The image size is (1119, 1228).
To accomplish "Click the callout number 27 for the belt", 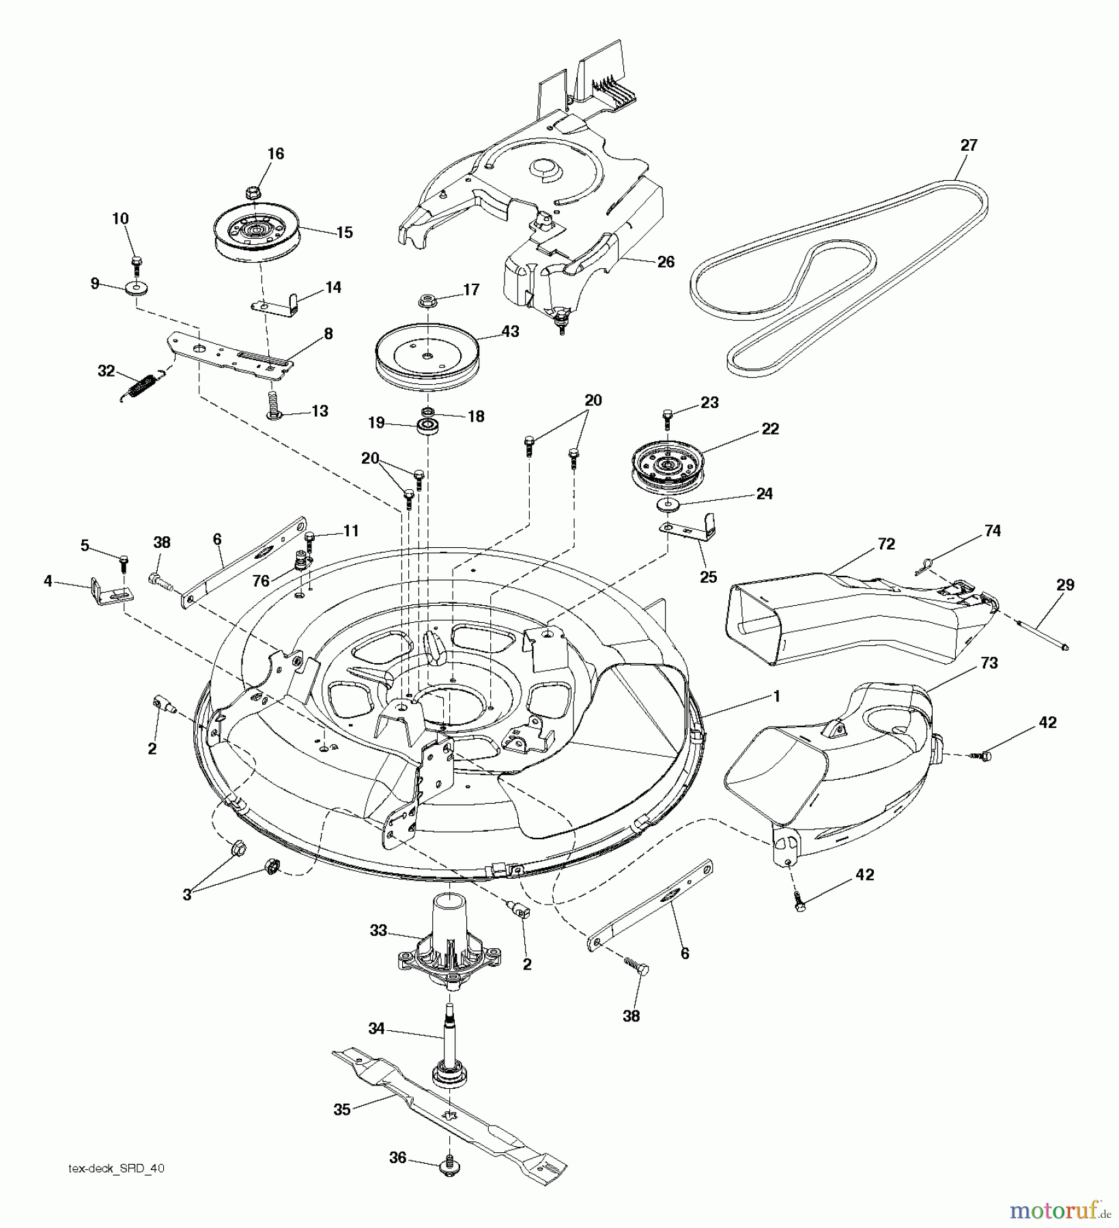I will coord(968,145).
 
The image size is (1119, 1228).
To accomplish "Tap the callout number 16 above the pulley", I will coord(275,153).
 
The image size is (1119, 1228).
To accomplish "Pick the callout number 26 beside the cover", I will coord(665,261).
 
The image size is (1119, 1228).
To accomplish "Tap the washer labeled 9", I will coord(139,287).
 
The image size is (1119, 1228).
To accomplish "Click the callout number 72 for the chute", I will coord(887,544).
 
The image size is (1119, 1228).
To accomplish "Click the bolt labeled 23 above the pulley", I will coord(668,414).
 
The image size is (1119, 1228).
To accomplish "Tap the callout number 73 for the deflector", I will coord(989,662).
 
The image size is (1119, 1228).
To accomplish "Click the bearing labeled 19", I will coord(429,426).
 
